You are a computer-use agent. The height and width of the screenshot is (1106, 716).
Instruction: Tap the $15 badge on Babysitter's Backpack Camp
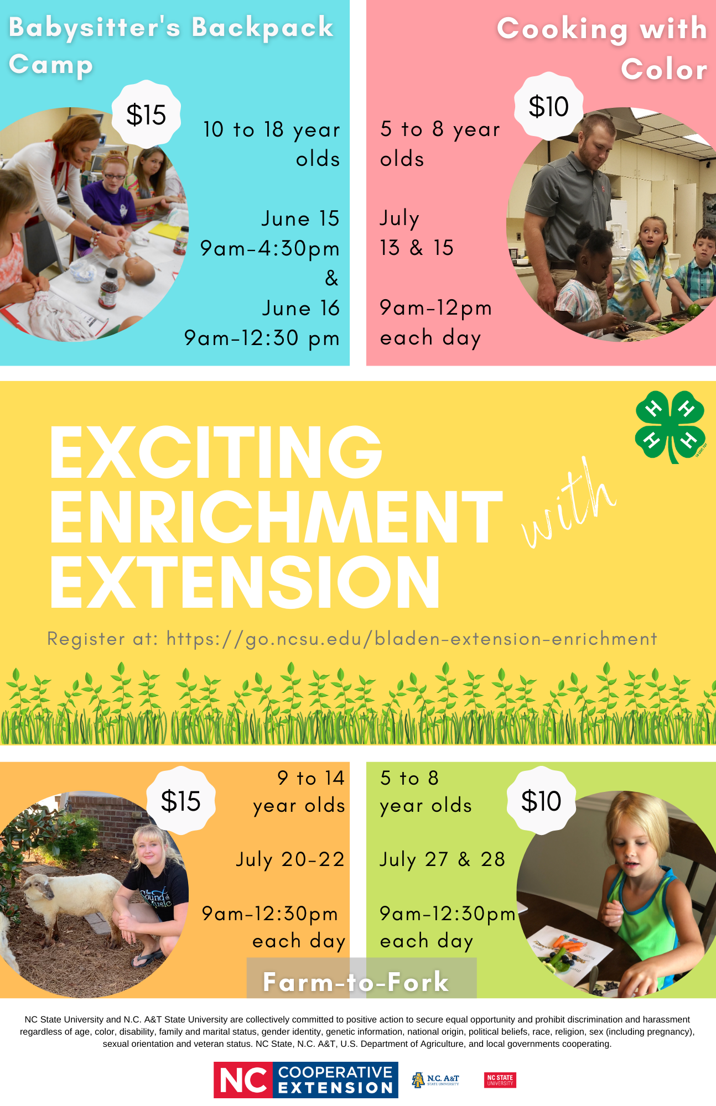tap(146, 114)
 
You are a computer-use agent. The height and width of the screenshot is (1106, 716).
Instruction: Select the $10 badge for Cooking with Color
tap(548, 106)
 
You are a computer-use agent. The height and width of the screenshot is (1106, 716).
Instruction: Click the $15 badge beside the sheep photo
tap(181, 801)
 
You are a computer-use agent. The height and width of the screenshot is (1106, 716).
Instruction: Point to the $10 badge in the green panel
tap(541, 801)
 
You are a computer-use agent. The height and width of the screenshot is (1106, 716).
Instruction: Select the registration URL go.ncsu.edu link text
tap(412, 639)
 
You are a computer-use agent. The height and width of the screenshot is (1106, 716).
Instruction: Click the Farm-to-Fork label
tap(356, 982)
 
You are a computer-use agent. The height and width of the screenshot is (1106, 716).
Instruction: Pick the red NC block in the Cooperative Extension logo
tap(243, 1080)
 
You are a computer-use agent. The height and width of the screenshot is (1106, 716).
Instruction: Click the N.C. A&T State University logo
tap(435, 1080)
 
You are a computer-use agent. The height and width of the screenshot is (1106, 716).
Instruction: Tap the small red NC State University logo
tap(500, 1080)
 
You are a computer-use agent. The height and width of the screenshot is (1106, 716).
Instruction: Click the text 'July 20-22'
tap(290, 859)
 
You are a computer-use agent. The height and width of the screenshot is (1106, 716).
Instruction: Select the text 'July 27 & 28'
tap(442, 859)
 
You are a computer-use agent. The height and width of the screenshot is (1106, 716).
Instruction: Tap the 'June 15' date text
tap(300, 218)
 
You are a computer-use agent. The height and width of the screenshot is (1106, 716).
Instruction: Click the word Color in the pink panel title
tap(664, 70)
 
